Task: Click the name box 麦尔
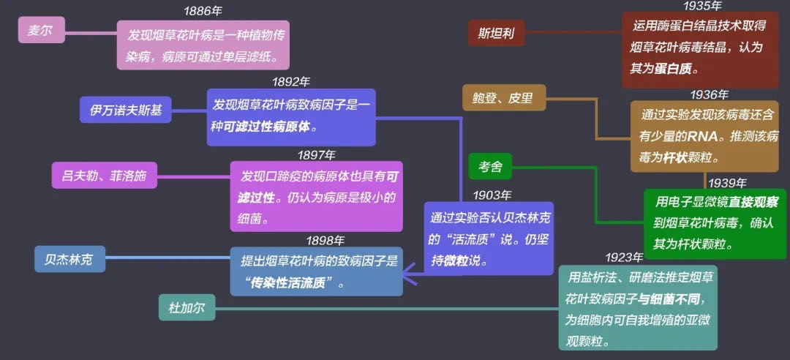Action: [41, 30]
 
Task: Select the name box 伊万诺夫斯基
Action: [126, 110]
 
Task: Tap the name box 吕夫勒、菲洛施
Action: [105, 175]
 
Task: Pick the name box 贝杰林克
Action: [70, 258]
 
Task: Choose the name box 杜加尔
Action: [187, 307]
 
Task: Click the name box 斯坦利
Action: [496, 33]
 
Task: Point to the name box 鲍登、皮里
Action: [504, 97]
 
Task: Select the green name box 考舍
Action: [489, 166]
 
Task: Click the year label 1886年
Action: [203, 10]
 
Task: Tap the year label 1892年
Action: [291, 81]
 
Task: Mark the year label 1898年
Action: [326, 241]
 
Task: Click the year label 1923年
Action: [624, 258]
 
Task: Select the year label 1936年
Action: [710, 94]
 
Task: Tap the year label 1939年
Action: [728, 182]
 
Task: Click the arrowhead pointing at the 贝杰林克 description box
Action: [409, 275]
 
